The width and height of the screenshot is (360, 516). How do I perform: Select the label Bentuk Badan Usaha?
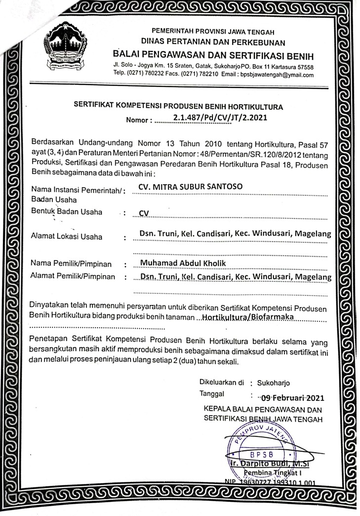67,212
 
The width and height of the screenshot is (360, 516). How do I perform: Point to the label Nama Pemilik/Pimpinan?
71,263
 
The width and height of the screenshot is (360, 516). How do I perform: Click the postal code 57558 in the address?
305,67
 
